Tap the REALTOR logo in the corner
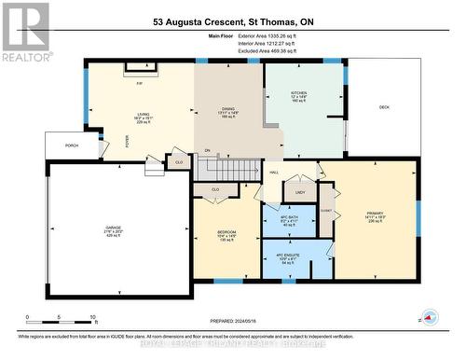pos(25,31)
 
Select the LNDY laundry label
pos(300,193)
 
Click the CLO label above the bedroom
pos(215,189)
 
